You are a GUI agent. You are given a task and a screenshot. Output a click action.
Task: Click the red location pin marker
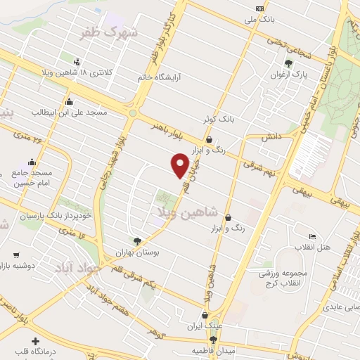pos(180,165)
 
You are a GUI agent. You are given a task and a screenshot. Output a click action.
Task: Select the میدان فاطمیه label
pos(212,349)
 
